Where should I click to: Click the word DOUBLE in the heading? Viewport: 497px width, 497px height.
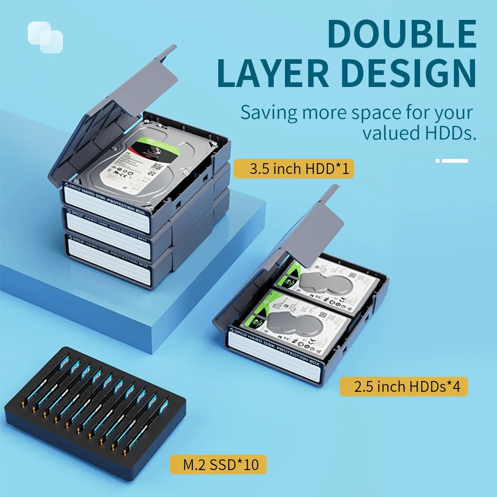[x=401, y=34]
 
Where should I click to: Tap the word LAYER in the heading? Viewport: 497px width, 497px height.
[x=272, y=73]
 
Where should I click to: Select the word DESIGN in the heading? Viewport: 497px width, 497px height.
[x=408, y=73]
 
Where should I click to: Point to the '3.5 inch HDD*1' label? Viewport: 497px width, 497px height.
[x=294, y=169]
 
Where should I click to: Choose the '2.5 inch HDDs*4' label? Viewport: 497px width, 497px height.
[x=403, y=386]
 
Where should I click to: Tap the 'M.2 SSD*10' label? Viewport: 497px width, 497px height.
[x=218, y=464]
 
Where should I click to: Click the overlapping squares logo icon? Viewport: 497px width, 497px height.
[x=46, y=37]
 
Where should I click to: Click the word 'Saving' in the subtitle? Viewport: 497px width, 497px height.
[x=269, y=113]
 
